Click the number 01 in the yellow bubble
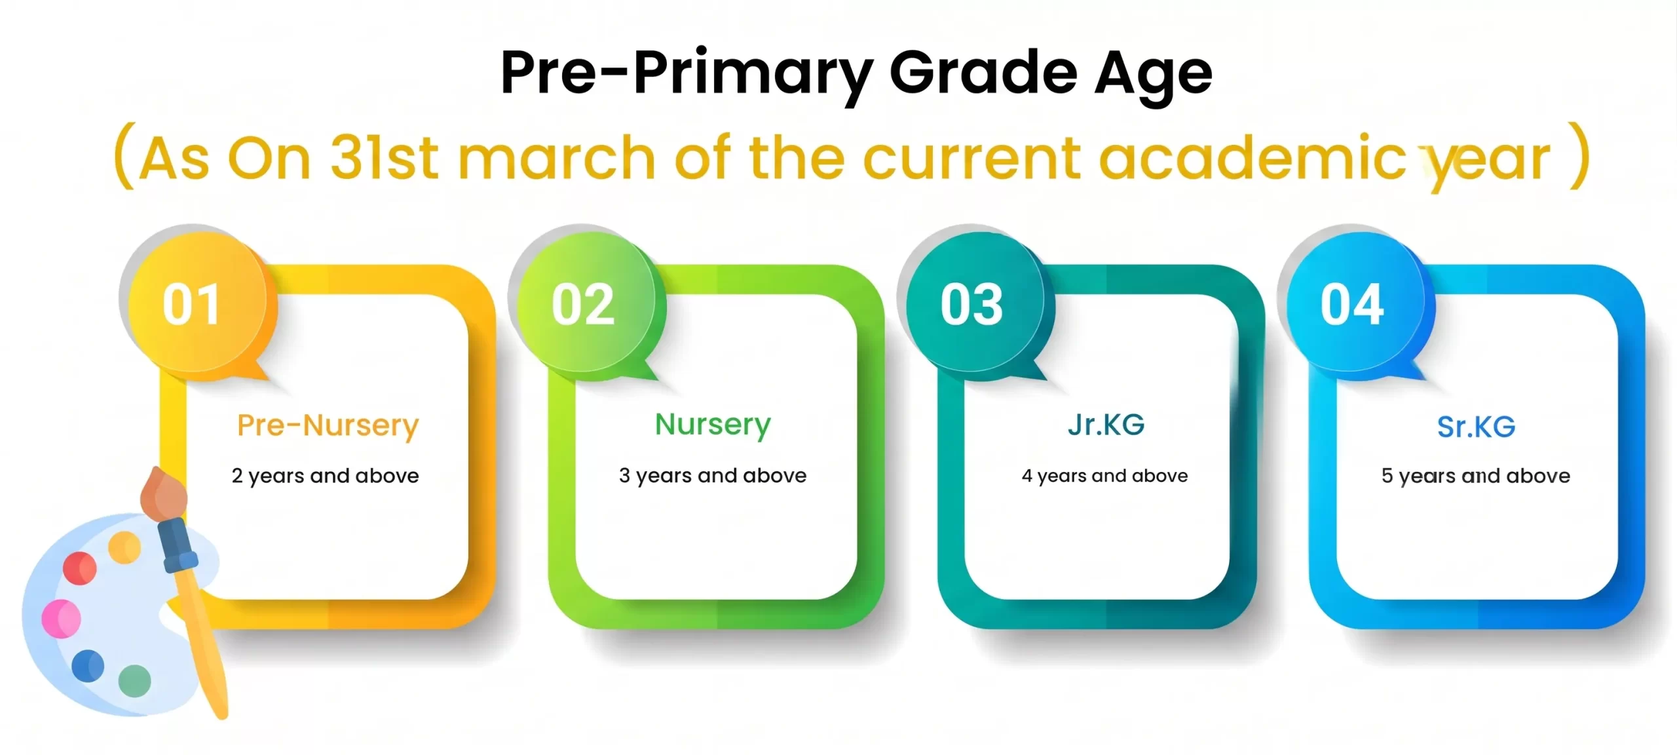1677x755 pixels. tap(191, 305)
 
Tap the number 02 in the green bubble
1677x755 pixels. tap(583, 305)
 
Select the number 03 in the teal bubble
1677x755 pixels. tap(971, 305)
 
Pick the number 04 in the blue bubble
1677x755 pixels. tap(1352, 305)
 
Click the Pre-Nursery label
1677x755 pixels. tap(328, 427)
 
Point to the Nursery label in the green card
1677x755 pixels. tap(713, 426)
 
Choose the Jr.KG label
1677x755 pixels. tap(1106, 425)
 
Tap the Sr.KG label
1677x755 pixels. tap(1476, 427)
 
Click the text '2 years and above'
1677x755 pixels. tap(325, 476)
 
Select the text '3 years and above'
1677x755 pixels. tap(713, 476)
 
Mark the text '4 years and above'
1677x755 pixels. tap(1104, 476)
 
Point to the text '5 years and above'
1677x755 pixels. tap(1476, 476)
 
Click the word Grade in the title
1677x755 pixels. tap(983, 73)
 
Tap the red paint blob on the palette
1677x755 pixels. tap(79, 568)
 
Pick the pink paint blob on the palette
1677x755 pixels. tap(61, 618)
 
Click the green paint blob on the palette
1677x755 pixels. tap(135, 681)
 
